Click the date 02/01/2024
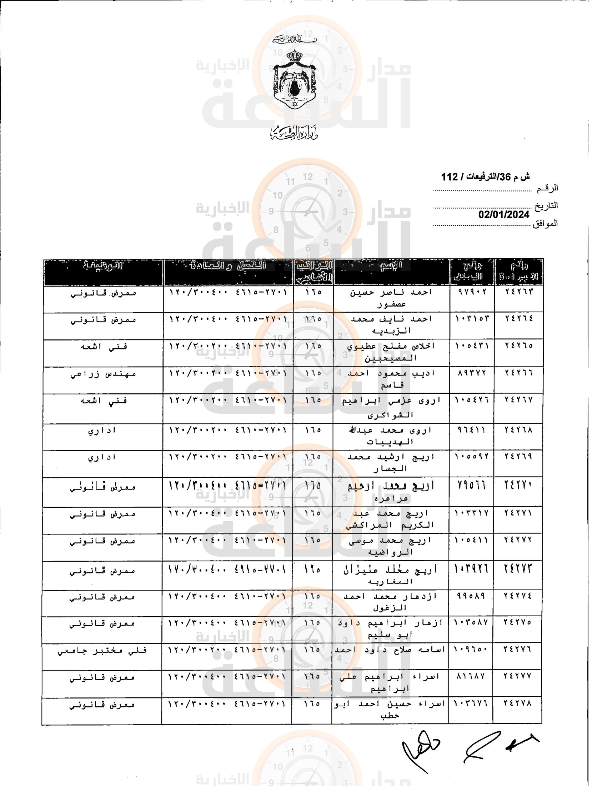[x=503, y=215]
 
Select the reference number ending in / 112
[x=485, y=177]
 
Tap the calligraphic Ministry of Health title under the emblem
[x=294, y=134]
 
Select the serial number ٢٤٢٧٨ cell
[x=517, y=703]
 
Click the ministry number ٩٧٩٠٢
[x=472, y=292]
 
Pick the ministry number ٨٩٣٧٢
[x=472, y=373]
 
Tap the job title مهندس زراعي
[x=103, y=374]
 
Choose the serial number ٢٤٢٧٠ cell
[x=518, y=486]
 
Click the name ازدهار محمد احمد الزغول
[x=390, y=602]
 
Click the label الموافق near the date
[x=545, y=224]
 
